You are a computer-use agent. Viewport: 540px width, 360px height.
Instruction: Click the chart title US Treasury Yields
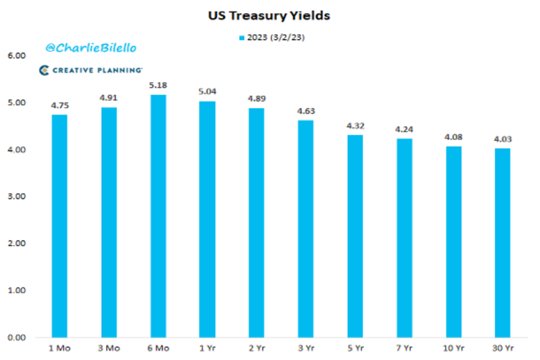click(x=269, y=16)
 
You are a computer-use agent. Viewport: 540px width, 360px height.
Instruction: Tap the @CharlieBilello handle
click(x=90, y=48)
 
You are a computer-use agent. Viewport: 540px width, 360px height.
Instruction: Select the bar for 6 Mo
click(x=158, y=216)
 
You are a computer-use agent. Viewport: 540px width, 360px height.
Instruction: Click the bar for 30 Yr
click(x=502, y=243)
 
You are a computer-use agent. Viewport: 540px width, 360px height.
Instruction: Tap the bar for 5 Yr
click(x=355, y=236)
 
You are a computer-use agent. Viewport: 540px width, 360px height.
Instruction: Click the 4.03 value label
click(x=502, y=139)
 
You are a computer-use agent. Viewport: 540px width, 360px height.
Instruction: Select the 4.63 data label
click(x=306, y=111)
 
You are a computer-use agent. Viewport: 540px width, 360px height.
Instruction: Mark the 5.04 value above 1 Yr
click(x=207, y=92)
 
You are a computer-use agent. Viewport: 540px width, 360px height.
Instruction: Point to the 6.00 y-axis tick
click(x=17, y=56)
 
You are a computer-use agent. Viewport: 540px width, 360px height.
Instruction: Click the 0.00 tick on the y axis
click(x=17, y=337)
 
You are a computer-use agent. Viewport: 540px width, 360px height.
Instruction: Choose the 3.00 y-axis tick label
click(x=17, y=197)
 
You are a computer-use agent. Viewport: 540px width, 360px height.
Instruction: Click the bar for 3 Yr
click(x=306, y=229)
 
